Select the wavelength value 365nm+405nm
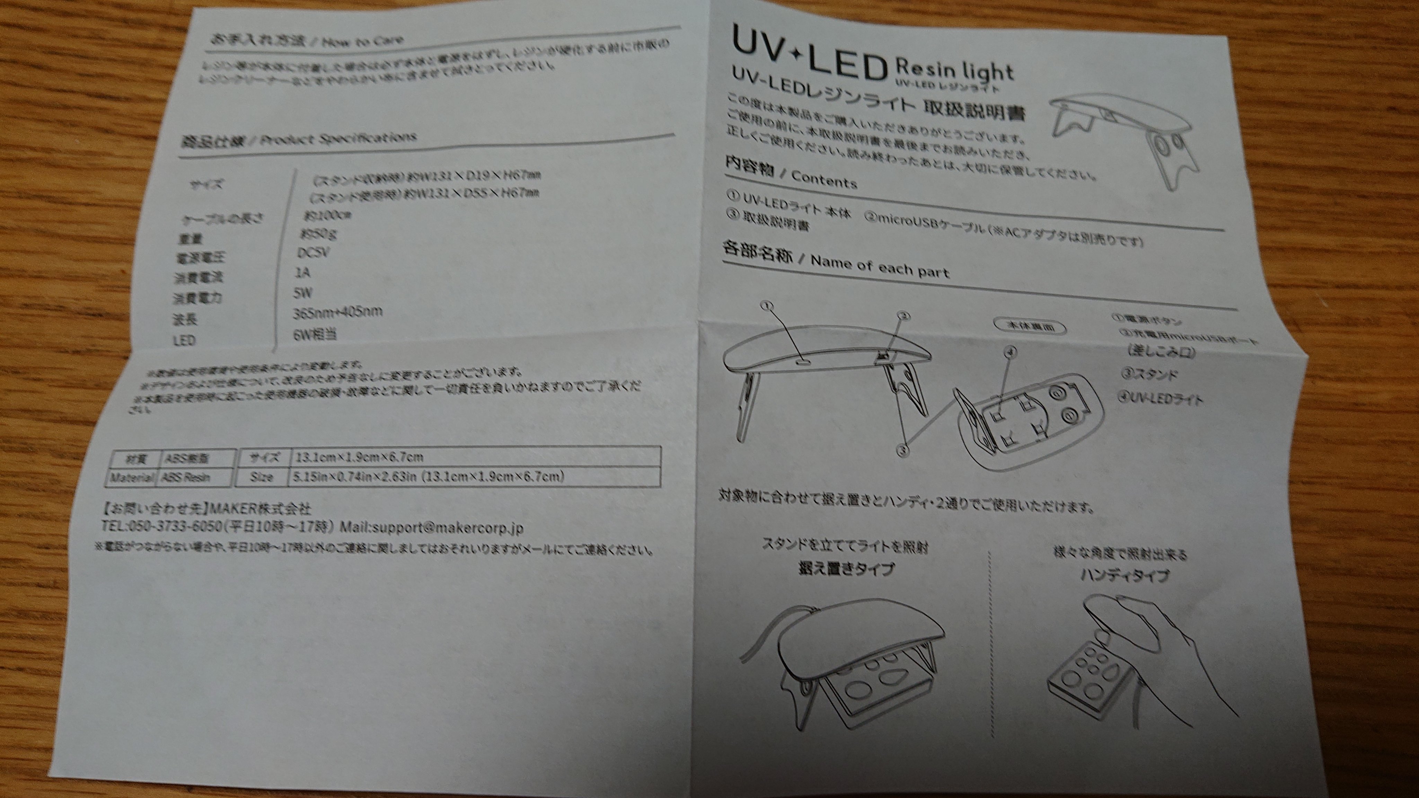pyautogui.click(x=337, y=313)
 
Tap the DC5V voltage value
pyautogui.click(x=313, y=253)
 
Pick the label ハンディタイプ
pyautogui.click(x=1124, y=576)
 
